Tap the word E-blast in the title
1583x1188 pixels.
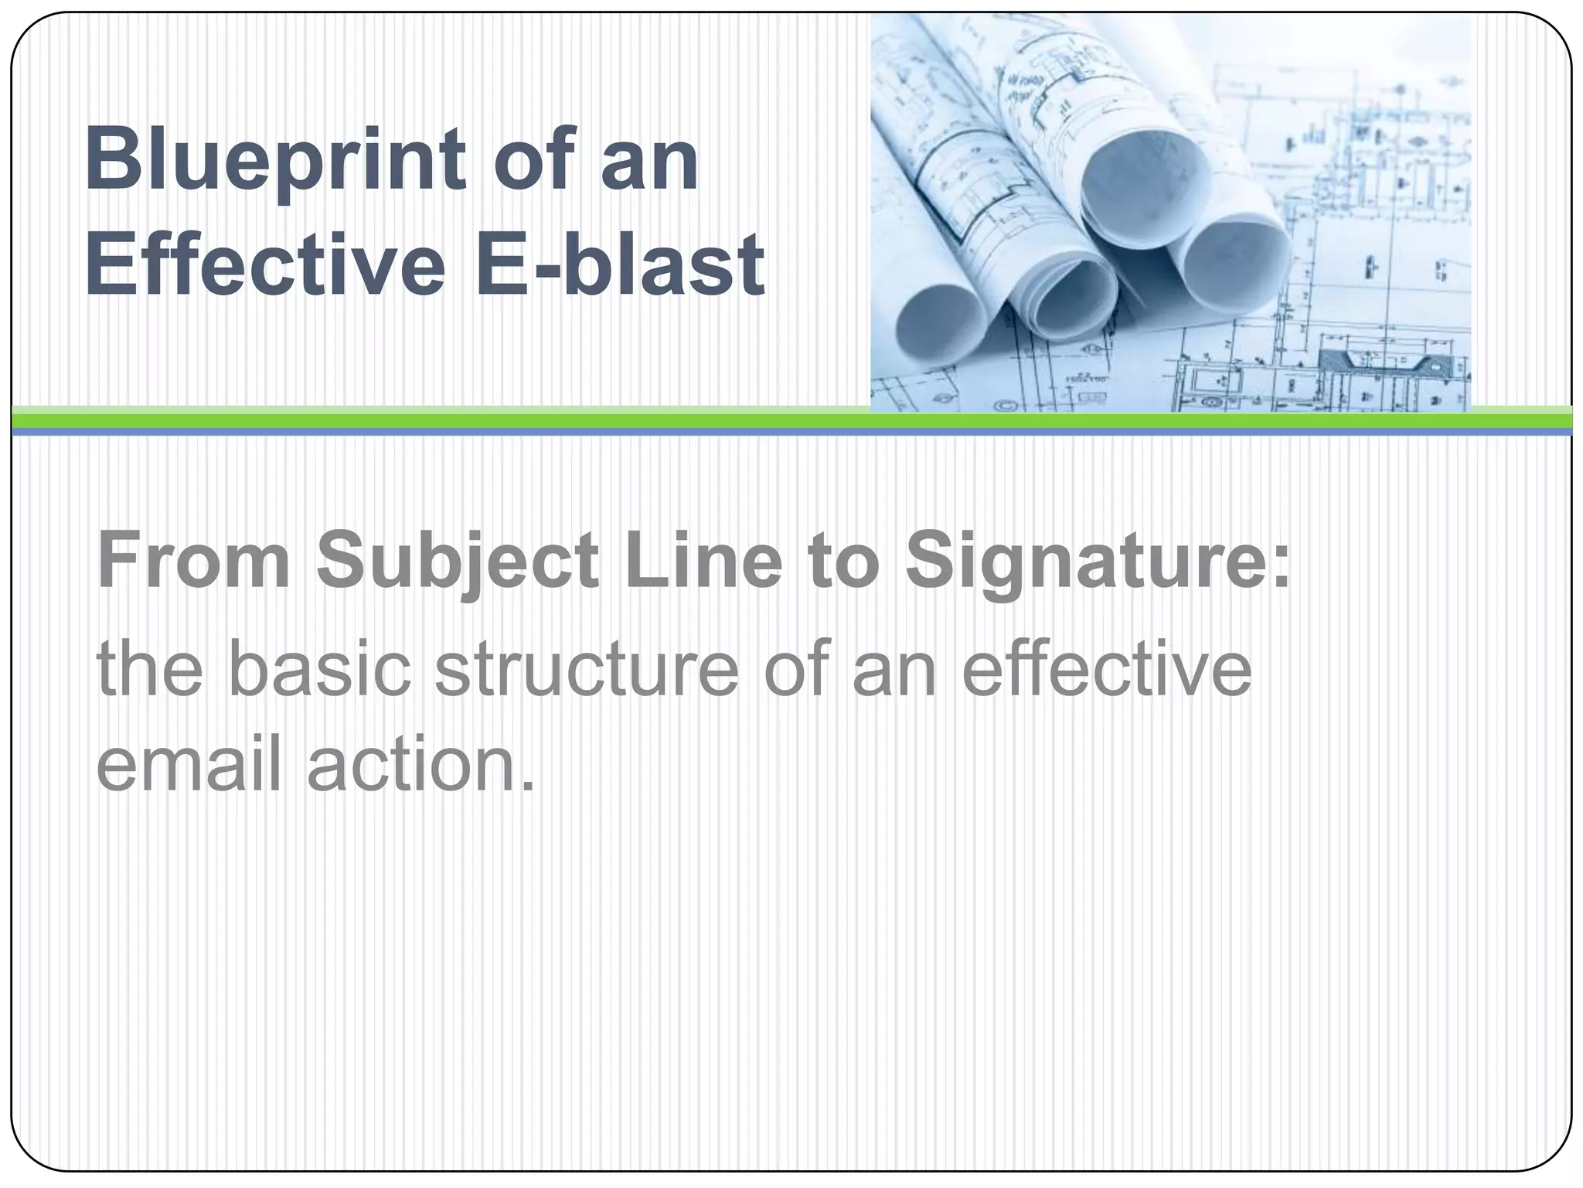[x=619, y=265]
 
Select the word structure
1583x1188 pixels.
[x=587, y=669]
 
